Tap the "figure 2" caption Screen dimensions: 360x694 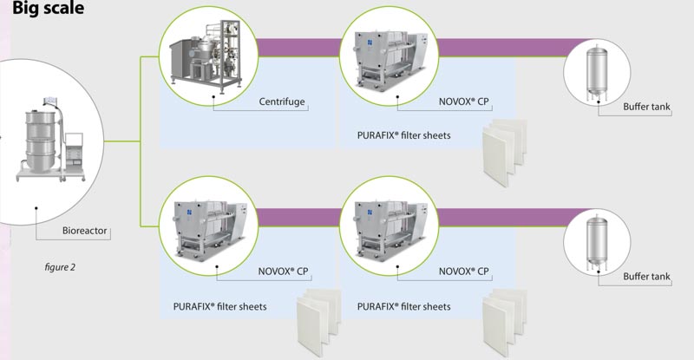point(60,266)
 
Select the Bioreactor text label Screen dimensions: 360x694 point(86,232)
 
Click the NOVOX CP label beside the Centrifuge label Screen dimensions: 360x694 point(464,104)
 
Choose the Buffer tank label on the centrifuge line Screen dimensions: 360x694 point(647,108)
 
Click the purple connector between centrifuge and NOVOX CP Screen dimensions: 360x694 point(295,44)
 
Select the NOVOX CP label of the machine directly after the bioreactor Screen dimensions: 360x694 point(284,272)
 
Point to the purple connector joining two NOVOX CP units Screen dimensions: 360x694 point(295,213)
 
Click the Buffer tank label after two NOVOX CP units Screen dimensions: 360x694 point(647,277)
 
